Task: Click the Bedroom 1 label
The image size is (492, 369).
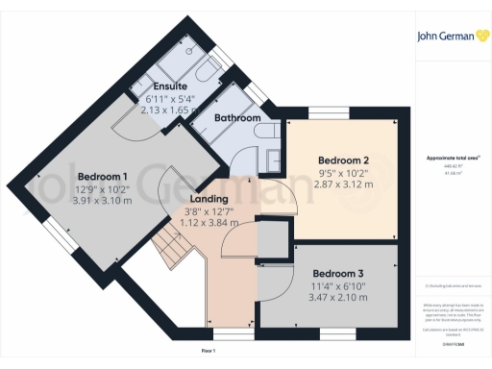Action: [103, 177]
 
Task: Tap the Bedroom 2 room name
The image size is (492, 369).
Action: [343, 160]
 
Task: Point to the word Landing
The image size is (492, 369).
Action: [209, 199]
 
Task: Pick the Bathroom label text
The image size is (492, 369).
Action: [237, 117]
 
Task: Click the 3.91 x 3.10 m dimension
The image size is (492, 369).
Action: [103, 202]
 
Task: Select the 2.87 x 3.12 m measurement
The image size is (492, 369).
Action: [343, 184]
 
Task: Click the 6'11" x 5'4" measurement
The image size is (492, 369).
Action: [170, 98]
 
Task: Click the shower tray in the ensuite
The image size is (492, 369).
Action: [179, 63]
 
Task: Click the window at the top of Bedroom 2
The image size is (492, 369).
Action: [343, 114]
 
